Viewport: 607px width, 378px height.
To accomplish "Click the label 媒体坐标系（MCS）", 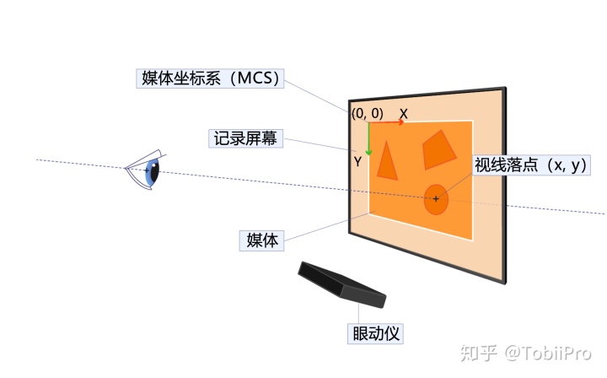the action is pyautogui.click(x=209, y=79).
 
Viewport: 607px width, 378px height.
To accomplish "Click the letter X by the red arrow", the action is pyautogui.click(x=404, y=113).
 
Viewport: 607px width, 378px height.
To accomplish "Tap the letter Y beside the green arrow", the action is pyautogui.click(x=358, y=160).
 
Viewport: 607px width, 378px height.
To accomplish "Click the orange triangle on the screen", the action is pyautogui.click(x=387, y=160).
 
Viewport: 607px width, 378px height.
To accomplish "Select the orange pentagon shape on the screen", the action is pyautogui.click(x=438, y=151).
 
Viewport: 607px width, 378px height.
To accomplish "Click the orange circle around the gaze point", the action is pyautogui.click(x=435, y=199).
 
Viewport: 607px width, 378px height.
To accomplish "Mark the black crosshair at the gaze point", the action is pyautogui.click(x=436, y=199).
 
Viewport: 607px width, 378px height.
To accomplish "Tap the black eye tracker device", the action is pyautogui.click(x=341, y=283).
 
